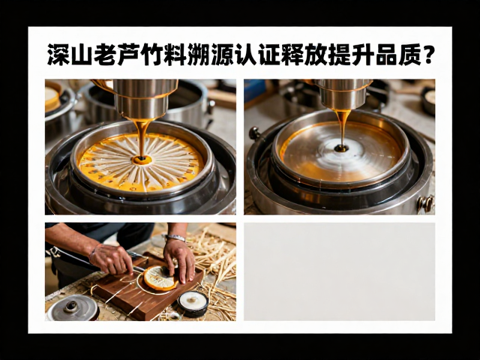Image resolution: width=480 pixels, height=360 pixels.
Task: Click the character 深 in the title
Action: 58,55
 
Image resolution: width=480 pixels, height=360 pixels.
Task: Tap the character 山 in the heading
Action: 82,55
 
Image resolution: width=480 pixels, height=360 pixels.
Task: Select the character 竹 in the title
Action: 152,55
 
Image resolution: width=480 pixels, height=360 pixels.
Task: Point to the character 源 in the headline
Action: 223,55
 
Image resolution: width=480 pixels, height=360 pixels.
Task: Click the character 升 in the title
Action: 363,55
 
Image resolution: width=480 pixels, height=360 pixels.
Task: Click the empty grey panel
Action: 339,271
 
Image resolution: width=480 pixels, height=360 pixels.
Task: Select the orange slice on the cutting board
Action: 160,278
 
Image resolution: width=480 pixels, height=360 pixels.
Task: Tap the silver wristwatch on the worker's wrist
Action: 175,238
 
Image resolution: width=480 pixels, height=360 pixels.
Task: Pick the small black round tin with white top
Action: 193,304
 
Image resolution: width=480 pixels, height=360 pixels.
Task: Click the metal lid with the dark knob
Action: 72,307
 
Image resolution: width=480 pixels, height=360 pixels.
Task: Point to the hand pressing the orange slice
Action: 179,260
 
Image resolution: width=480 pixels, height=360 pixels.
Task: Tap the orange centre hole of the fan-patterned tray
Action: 142,160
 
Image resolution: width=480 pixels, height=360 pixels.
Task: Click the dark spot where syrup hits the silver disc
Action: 341,148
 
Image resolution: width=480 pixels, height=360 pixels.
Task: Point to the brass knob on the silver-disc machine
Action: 426,203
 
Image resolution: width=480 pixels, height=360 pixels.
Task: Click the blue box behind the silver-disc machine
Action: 255,90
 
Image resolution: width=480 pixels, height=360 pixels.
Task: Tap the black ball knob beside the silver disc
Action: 254,133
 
